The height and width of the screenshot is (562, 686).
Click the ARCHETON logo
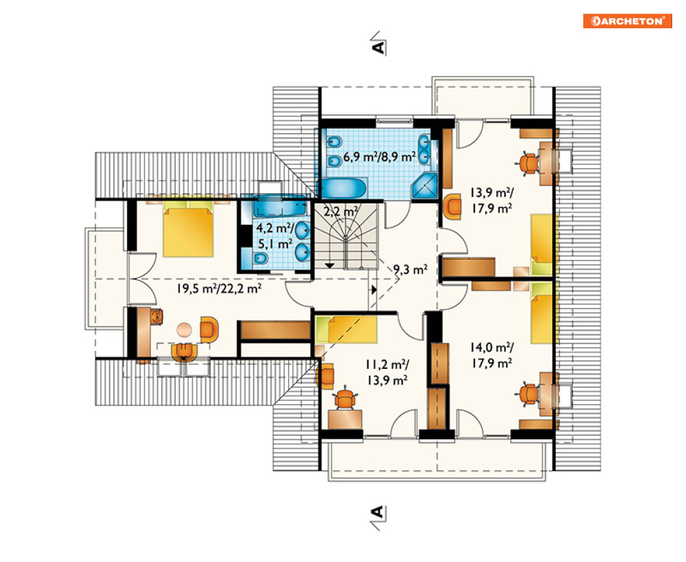coord(627,21)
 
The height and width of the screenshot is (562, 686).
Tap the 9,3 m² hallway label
coord(410,270)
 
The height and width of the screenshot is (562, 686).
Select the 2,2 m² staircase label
coord(341,212)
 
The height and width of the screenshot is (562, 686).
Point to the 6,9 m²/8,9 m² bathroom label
coord(379,157)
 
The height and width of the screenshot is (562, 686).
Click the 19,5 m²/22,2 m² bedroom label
coord(219,288)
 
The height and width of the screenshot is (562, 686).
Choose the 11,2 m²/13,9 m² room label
coord(387,372)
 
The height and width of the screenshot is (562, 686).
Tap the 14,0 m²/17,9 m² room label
coord(492,355)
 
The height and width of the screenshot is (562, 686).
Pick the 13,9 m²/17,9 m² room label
coord(492,200)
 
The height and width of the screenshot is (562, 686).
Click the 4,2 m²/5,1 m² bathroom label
coord(276,235)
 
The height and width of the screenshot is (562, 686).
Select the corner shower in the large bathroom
coord(425,186)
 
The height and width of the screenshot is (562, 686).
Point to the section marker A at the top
coord(379,43)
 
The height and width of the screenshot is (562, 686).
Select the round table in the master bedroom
coord(184,330)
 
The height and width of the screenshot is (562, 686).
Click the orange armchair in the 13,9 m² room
coord(452,208)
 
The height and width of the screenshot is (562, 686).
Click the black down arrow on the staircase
coord(329,265)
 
